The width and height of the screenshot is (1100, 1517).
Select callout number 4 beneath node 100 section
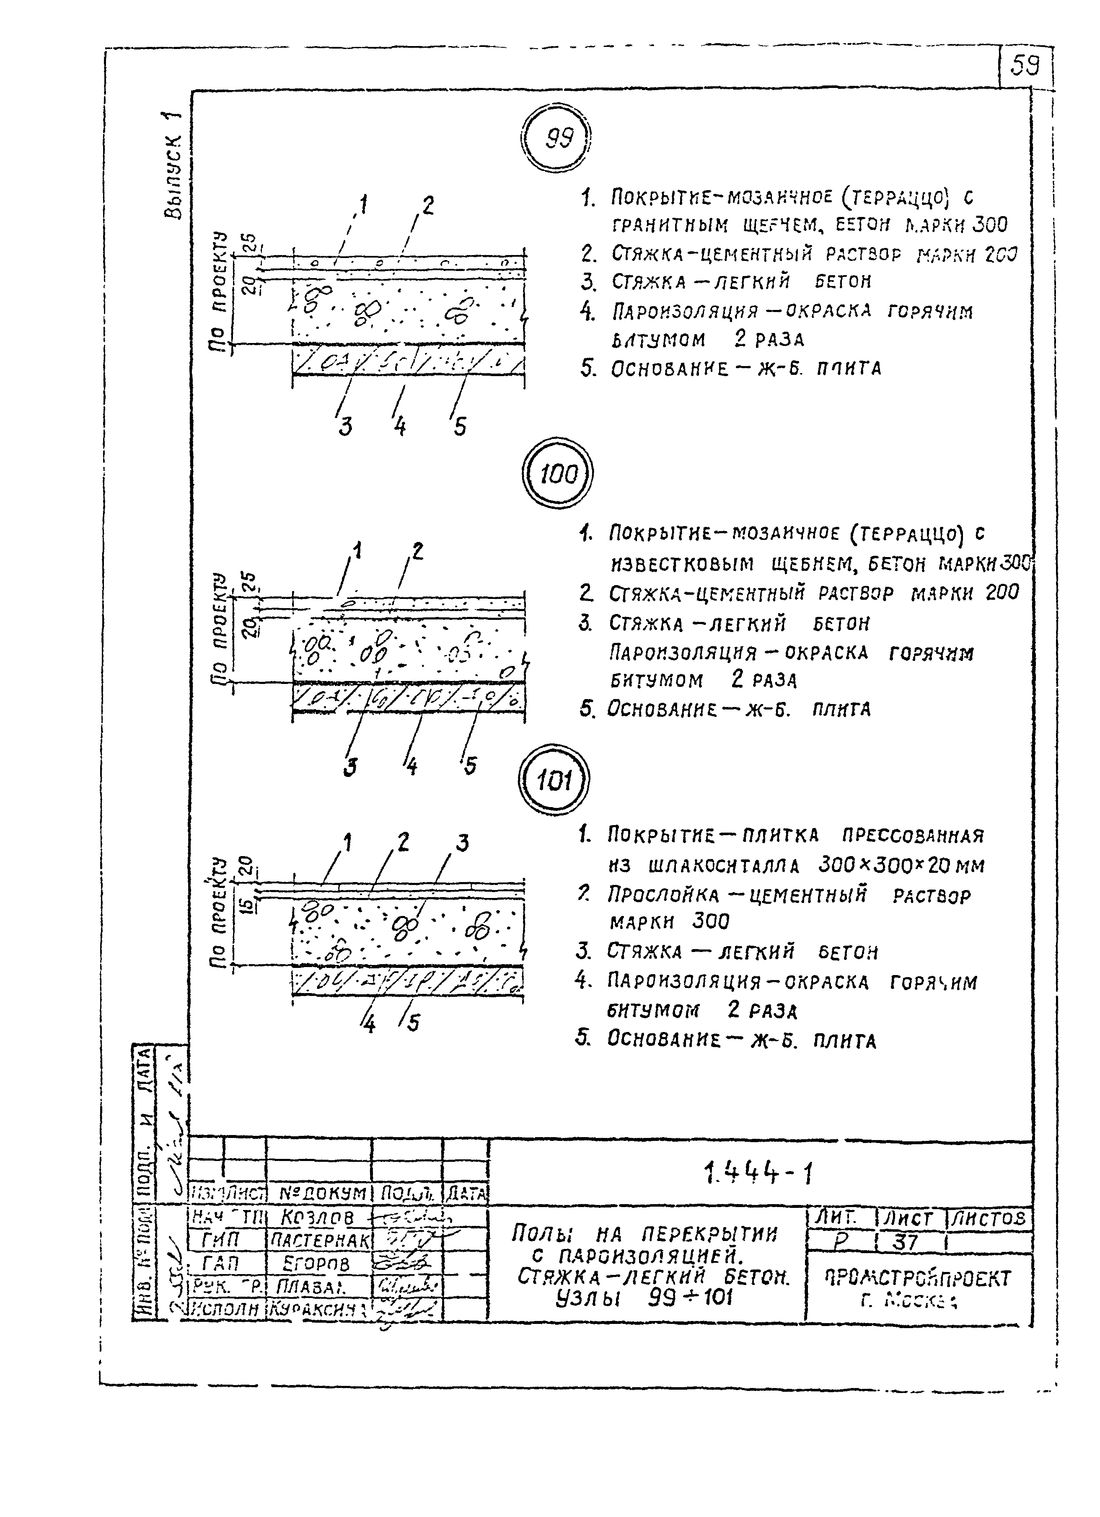pos(411,766)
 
